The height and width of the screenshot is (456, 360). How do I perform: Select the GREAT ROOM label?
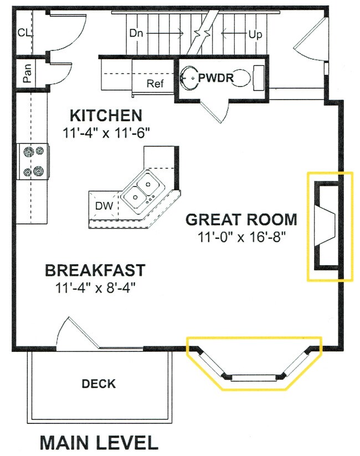[241, 219]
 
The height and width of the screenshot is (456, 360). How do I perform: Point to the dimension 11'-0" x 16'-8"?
[241, 236]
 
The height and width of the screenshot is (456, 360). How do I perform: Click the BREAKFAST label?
[95, 271]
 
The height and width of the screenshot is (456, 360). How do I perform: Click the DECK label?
[99, 384]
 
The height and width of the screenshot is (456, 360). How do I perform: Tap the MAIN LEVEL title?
[99, 442]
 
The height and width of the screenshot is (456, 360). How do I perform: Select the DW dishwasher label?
[104, 206]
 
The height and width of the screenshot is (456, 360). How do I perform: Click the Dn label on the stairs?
[137, 33]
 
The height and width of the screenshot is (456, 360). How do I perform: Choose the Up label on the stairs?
[255, 34]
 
